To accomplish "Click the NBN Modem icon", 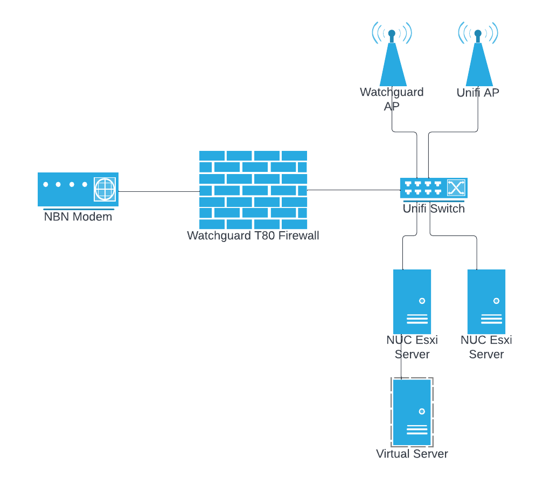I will [x=78, y=189].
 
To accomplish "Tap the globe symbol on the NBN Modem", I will [x=105, y=189].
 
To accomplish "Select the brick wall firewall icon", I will [x=253, y=190].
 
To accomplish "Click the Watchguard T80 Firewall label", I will [x=253, y=236].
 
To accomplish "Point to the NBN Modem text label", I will [x=78, y=217].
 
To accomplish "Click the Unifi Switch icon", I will [x=433, y=188].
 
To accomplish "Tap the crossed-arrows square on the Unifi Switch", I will [x=456, y=188].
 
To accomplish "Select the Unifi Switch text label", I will [x=434, y=209].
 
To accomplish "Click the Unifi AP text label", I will [x=478, y=93].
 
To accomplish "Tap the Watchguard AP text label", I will [x=392, y=99].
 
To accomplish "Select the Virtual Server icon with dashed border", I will [x=412, y=412].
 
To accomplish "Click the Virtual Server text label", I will [x=412, y=454].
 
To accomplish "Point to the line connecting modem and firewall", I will [x=158, y=191].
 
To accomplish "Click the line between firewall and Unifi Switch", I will [x=353, y=190].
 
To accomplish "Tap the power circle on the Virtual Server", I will [x=422, y=411].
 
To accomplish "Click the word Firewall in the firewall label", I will [x=298, y=236].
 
